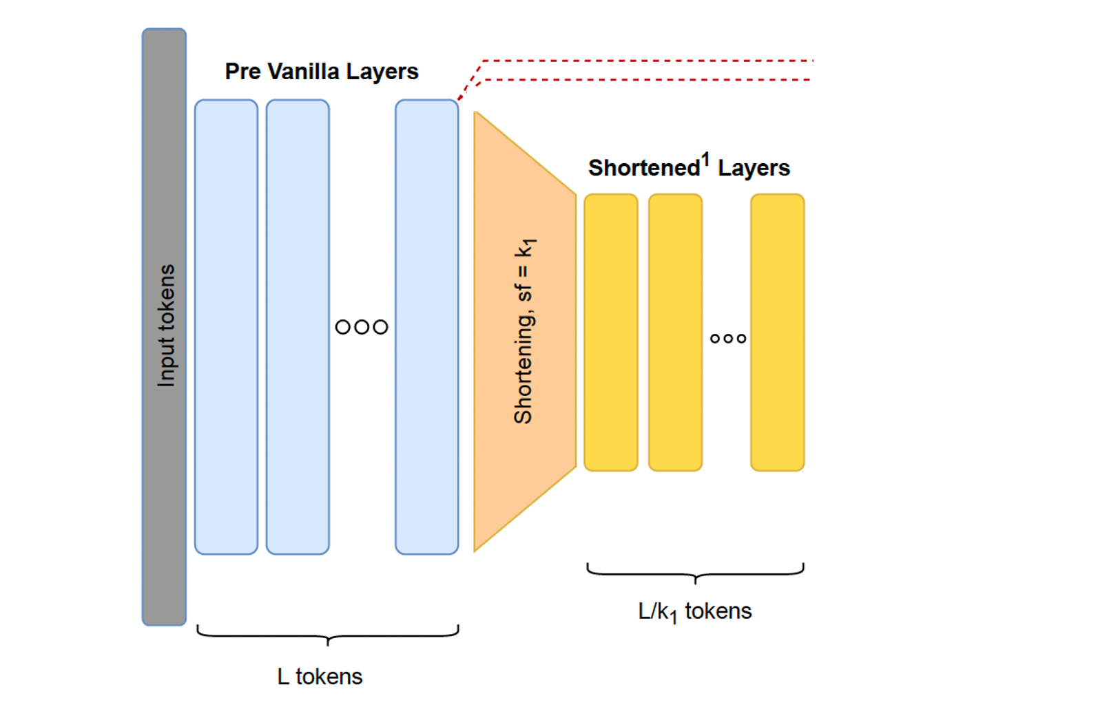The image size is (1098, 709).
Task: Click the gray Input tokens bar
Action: tap(164, 326)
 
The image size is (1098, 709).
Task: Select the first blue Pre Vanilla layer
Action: tap(226, 326)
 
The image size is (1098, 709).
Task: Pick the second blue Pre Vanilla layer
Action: tap(298, 326)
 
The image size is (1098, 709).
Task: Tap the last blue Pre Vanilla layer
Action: tap(426, 326)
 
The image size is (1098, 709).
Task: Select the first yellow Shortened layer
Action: tap(611, 332)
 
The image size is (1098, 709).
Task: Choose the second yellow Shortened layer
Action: tap(675, 332)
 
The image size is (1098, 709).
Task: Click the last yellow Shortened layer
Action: tap(777, 332)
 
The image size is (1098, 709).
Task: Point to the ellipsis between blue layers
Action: tap(362, 327)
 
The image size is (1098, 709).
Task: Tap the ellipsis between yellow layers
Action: tap(728, 339)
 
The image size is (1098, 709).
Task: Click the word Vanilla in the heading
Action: tap(303, 72)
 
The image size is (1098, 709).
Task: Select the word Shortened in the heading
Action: tap(643, 168)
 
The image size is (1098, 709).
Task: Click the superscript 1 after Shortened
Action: tap(705, 160)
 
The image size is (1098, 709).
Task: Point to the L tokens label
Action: tap(320, 677)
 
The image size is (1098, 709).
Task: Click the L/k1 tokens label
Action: tap(694, 611)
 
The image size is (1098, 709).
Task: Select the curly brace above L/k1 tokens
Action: tap(695, 573)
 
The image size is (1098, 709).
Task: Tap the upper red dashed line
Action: tap(648, 61)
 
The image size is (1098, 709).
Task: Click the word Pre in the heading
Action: tap(242, 72)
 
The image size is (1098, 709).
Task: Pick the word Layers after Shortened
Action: tap(754, 168)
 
